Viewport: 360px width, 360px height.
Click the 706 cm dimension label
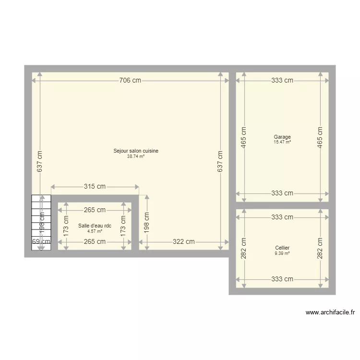pos(130,81)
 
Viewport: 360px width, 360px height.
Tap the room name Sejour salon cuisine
pos(136,151)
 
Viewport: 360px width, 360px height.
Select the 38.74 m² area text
pos(136,156)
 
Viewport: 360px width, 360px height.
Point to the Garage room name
pos(282,137)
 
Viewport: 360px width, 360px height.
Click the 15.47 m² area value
pos(282,142)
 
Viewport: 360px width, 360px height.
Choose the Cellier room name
pos(282,248)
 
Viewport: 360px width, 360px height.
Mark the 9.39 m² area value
pos(282,253)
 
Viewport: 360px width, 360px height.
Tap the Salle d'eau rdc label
pos(95,226)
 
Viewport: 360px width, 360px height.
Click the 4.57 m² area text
pos(95,231)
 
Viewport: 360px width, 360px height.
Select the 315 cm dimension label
pos(95,187)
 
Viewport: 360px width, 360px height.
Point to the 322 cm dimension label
pos(183,241)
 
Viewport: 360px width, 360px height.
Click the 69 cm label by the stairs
pos(41,241)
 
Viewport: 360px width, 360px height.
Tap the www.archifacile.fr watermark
pos(331,312)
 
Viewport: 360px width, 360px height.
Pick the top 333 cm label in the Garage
pos(282,81)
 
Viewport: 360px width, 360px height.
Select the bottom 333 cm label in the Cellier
pos(282,279)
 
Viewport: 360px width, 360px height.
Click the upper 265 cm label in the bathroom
pos(95,210)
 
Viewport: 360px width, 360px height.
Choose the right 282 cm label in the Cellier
pos(320,248)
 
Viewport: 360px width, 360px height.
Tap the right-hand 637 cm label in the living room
pos(220,162)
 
